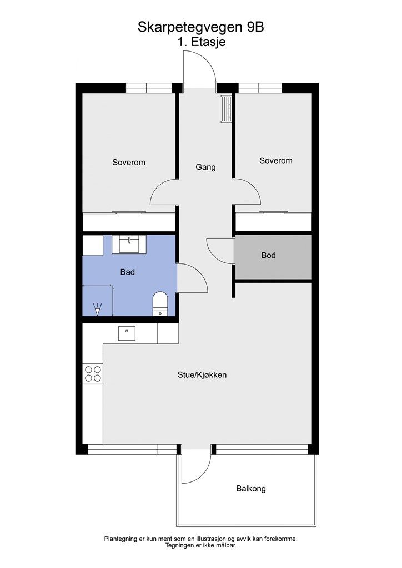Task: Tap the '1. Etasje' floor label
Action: (201, 42)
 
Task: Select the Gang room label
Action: (205, 167)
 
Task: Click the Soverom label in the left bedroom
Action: (128, 163)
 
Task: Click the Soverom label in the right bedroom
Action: (275, 161)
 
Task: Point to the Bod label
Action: (268, 256)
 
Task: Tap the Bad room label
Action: (128, 272)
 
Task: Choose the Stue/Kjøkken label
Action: (202, 375)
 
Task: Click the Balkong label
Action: (250, 489)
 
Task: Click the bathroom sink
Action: (129, 244)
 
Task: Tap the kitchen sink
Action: (127, 333)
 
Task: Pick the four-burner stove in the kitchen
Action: (92, 374)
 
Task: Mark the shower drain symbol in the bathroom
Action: (98, 309)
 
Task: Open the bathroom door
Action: (192, 278)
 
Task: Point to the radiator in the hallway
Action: (226, 109)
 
